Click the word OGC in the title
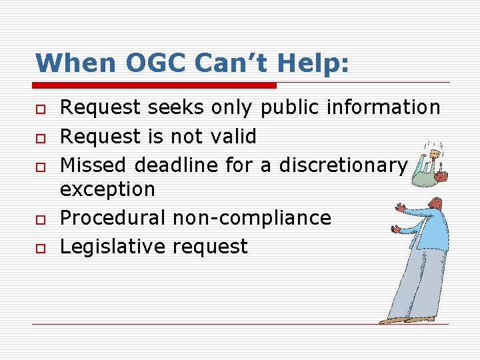click(x=145, y=63)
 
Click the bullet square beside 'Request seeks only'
click(x=40, y=108)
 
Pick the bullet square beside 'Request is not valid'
click(x=40, y=137)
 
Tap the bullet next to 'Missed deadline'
click(x=40, y=166)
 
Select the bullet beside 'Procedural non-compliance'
click(x=40, y=219)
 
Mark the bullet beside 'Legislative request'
click(x=40, y=248)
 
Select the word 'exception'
click(x=107, y=189)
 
